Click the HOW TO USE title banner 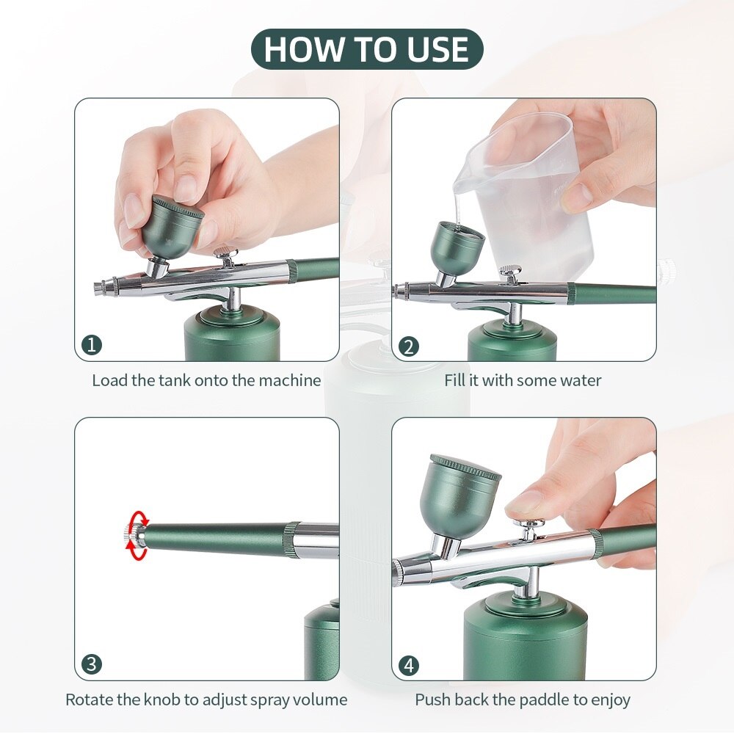(367, 49)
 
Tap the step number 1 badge (92, 345)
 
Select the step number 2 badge (409, 345)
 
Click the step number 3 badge (92, 665)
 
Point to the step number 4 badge (409, 665)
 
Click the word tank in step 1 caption (175, 380)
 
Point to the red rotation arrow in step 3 (136, 537)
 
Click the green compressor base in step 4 (525, 639)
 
